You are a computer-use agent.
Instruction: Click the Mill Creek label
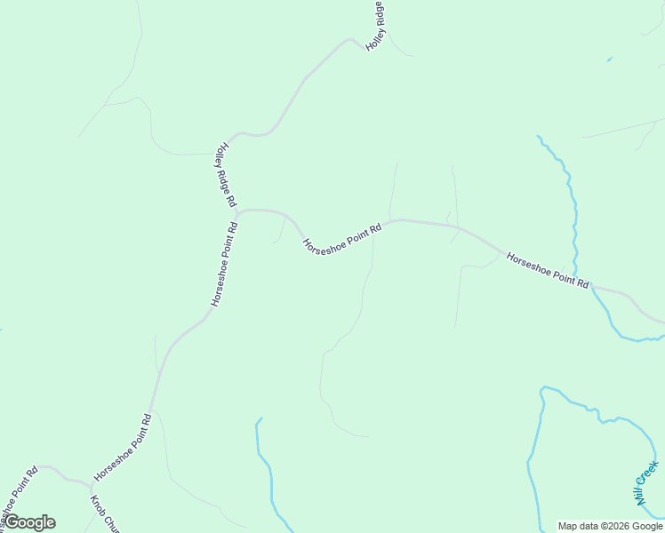click(x=646, y=483)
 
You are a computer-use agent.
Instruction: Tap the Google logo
click(x=30, y=522)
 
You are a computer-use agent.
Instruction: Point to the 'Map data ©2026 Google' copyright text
click(x=610, y=526)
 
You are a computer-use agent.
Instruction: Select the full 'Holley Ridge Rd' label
click(x=225, y=175)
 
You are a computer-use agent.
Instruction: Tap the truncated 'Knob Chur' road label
click(x=104, y=513)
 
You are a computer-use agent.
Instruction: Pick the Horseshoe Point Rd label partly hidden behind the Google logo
click(x=18, y=493)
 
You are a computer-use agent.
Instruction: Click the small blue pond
click(x=609, y=60)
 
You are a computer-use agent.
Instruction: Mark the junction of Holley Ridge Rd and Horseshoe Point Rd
click(x=237, y=212)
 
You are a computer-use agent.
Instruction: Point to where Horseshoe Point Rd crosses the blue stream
click(x=592, y=287)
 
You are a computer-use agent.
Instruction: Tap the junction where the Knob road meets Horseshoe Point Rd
click(x=91, y=486)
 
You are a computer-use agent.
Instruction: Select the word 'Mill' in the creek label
click(x=638, y=497)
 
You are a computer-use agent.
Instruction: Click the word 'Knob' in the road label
click(x=96, y=505)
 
